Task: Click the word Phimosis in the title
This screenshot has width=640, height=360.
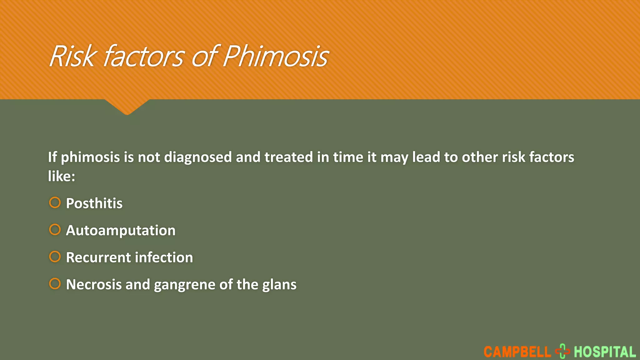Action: point(276,56)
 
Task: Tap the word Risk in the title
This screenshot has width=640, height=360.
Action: point(72,56)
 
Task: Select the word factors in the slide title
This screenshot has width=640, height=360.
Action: point(144,56)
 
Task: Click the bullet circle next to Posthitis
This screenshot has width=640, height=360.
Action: point(55,202)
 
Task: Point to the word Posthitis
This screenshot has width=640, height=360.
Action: point(94,203)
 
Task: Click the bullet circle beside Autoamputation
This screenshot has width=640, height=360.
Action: point(55,230)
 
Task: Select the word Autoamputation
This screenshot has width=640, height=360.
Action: point(121,231)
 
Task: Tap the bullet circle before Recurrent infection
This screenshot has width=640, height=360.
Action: point(55,257)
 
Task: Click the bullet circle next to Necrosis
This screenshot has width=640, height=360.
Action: point(55,284)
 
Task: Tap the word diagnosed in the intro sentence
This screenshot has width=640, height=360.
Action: point(198,157)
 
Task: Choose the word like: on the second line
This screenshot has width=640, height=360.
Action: point(62,176)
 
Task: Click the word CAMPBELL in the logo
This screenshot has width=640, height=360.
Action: point(517,352)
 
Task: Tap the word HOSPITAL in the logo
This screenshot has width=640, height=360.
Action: point(605,352)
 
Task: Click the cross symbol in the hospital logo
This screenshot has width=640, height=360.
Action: point(562,351)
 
